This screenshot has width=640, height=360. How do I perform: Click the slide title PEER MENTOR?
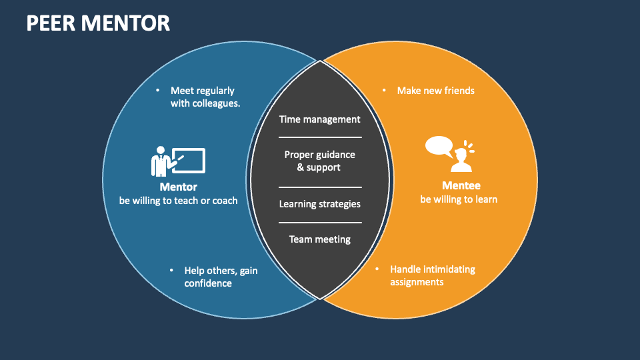(98, 23)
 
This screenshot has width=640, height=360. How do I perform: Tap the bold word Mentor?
(178, 187)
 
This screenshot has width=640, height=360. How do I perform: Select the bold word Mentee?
(461, 186)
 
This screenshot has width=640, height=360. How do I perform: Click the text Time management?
(320, 119)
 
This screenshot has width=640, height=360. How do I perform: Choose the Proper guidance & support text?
(320, 161)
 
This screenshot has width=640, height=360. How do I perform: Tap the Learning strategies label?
(320, 204)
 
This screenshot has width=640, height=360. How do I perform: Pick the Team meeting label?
(320, 239)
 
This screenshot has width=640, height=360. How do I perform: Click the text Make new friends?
(436, 90)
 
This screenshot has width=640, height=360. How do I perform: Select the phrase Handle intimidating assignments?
(432, 275)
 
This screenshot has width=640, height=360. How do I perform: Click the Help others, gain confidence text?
(221, 277)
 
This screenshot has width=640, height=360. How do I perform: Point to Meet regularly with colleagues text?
(205, 97)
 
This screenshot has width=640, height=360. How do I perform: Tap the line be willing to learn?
(459, 199)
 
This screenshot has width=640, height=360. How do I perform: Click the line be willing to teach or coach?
(178, 200)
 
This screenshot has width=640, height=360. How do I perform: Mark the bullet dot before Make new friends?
(384, 90)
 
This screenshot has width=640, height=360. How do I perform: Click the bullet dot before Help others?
(171, 271)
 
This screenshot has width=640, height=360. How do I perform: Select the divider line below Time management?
(320, 137)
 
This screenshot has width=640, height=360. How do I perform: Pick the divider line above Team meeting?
(320, 223)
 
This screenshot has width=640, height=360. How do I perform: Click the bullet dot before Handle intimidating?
(377, 269)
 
